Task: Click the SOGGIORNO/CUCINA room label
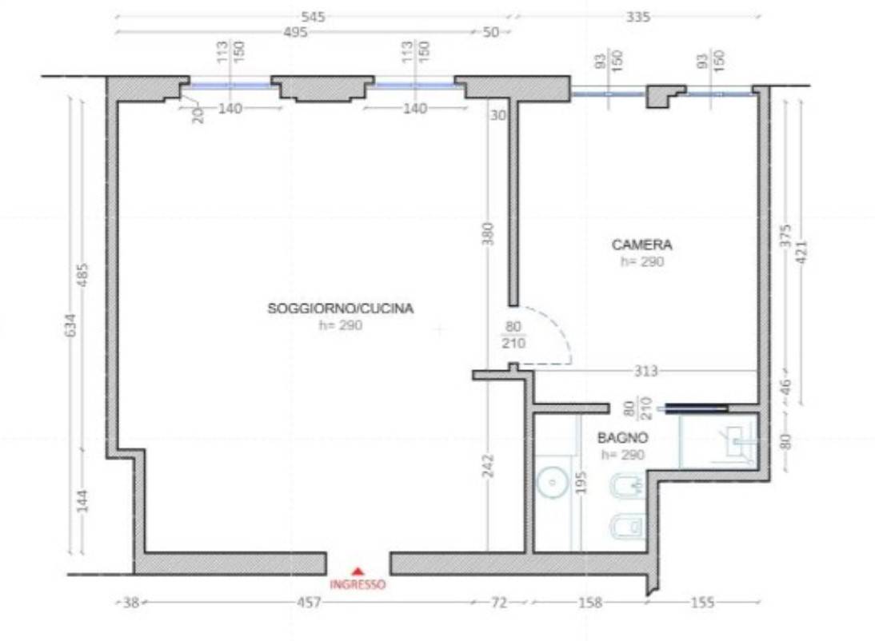pos(341,308)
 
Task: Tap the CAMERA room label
pos(641,245)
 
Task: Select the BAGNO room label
pos(623,438)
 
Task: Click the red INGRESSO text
pos(358,585)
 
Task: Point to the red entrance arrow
pos(358,571)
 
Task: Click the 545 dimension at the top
pos(313,17)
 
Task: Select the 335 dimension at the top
pos(637,17)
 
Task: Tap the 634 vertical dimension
pos(70,324)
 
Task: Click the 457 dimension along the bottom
pos(309,602)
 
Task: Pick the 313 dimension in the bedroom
pos(645,371)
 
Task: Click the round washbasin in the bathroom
pos(552,483)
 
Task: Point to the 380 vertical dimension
pos(488,233)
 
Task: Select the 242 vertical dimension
pos(488,466)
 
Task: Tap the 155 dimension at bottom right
pos(702,602)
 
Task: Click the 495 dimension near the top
pos(295,32)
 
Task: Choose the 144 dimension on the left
pos(82,501)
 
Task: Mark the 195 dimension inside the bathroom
pos(581,483)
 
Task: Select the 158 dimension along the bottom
pos(589,602)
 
